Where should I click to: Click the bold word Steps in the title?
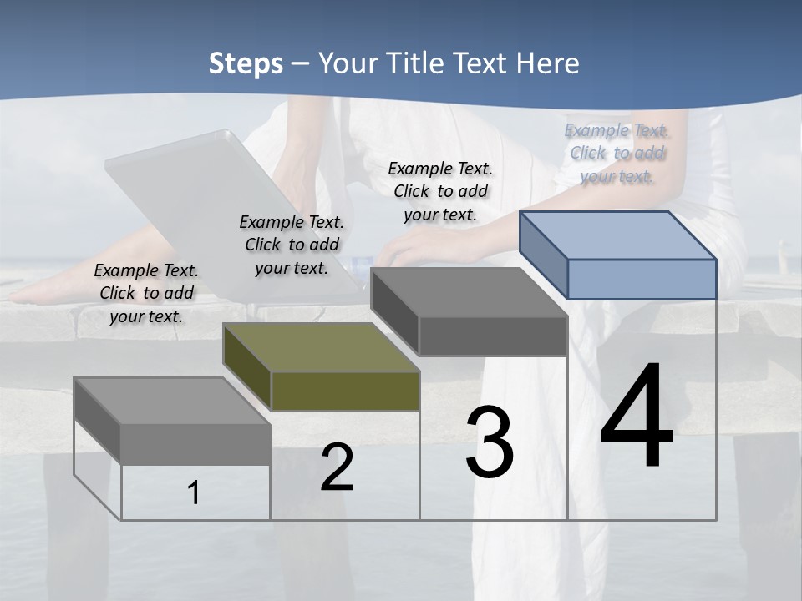tap(246, 63)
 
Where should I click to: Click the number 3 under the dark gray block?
tap(489, 442)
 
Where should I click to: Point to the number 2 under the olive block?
tap(337, 467)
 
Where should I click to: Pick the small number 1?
tap(193, 493)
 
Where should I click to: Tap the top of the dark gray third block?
tap(470, 292)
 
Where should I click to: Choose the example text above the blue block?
tap(617, 153)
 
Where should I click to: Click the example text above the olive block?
tap(292, 245)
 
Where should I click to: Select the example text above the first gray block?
tap(146, 293)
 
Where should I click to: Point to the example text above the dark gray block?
tap(440, 191)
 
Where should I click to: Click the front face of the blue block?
tap(642, 279)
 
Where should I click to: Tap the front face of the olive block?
tap(345, 391)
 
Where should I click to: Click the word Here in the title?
tap(549, 63)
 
